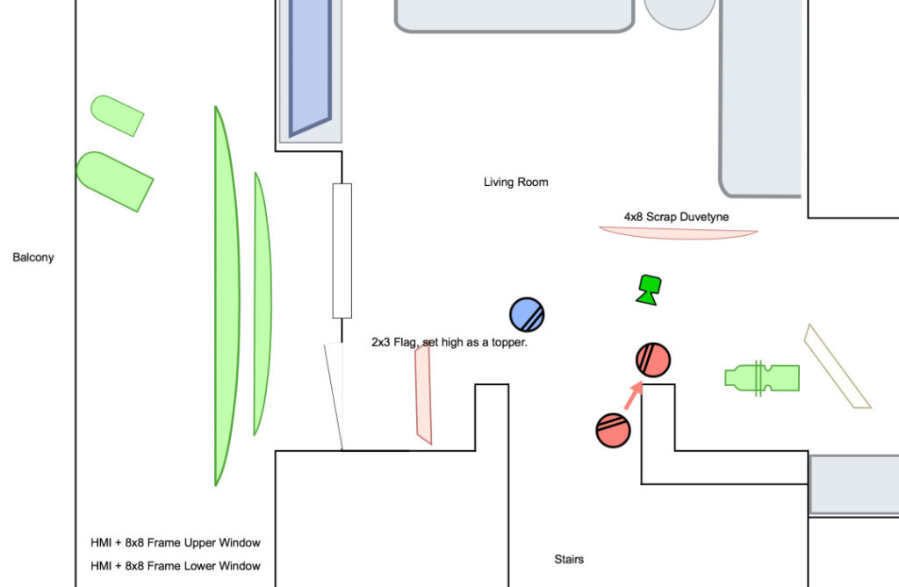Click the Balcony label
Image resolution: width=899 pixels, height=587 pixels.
coord(33,258)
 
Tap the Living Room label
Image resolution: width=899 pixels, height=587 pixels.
coord(515,183)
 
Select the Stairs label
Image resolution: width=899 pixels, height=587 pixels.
coord(569,559)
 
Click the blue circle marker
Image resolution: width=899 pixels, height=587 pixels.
coord(527,314)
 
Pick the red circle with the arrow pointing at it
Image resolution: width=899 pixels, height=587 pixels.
coord(653,360)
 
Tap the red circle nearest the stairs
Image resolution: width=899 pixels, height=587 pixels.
coord(613,429)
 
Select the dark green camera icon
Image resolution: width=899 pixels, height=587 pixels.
coord(649,289)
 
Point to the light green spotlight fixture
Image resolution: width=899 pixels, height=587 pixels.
coord(762,377)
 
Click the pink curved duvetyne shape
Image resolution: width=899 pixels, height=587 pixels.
coord(678,233)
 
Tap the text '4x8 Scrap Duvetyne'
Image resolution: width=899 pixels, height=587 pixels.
coord(676,217)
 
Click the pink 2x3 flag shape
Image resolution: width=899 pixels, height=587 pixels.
coord(424,394)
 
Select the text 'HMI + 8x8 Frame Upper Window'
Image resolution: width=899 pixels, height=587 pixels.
coord(176,543)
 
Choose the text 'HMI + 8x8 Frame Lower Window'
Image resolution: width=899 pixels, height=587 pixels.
coord(176,566)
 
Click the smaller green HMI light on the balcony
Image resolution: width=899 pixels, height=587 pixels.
coord(117,115)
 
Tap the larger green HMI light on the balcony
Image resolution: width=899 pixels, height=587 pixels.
coord(114,180)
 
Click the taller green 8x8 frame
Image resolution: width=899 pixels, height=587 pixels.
coord(226,296)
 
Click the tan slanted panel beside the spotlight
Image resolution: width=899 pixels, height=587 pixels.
coord(837,367)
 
